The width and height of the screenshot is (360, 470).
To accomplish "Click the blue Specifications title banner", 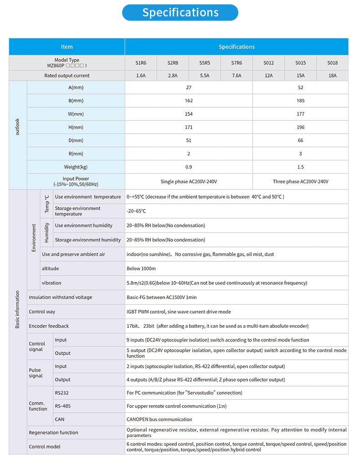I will [x=180, y=13].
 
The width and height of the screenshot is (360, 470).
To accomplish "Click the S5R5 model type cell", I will [x=205, y=63].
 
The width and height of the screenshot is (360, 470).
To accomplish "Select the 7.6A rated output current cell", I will [x=237, y=76].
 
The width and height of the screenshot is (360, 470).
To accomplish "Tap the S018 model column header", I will [x=332, y=63].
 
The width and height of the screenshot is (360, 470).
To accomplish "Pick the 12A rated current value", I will [x=268, y=76].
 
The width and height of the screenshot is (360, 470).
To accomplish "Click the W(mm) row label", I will [x=76, y=114].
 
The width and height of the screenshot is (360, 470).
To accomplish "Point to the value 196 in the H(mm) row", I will [x=300, y=127].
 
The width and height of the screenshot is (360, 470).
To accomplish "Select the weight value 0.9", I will [x=189, y=167].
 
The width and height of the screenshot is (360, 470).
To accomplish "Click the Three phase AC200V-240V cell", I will [x=300, y=181].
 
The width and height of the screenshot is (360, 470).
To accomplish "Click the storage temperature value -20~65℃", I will [x=136, y=211].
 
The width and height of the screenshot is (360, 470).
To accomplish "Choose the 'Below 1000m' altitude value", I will [x=141, y=269].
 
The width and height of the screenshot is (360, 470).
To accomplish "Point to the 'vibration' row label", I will [x=51, y=283].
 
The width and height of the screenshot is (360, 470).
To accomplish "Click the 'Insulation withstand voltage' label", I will [x=60, y=297].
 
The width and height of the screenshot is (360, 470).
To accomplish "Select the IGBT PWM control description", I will [x=179, y=312].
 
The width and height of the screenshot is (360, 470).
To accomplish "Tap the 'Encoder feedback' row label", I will [x=49, y=326].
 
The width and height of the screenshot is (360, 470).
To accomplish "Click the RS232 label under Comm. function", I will [x=62, y=393].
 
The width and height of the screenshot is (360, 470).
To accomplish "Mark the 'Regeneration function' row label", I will [x=53, y=433].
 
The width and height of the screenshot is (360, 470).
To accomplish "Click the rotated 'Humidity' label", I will [x=46, y=232].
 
